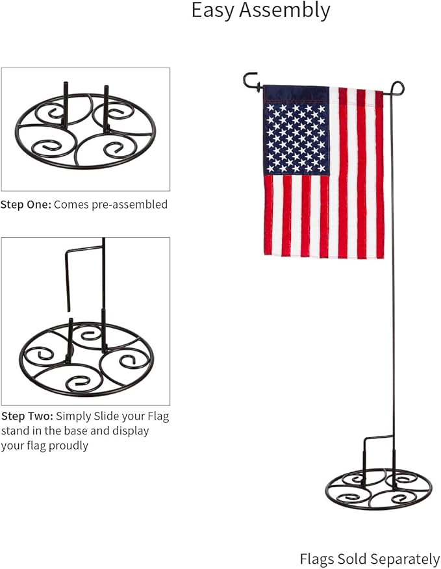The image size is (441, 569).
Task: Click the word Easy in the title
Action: tap(218, 11)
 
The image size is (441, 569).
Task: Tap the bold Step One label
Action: tap(25, 205)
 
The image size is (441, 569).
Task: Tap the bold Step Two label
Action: tap(26, 416)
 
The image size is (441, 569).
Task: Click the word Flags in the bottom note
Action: tap(317, 559)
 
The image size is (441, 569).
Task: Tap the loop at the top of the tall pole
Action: tap(397, 87)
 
